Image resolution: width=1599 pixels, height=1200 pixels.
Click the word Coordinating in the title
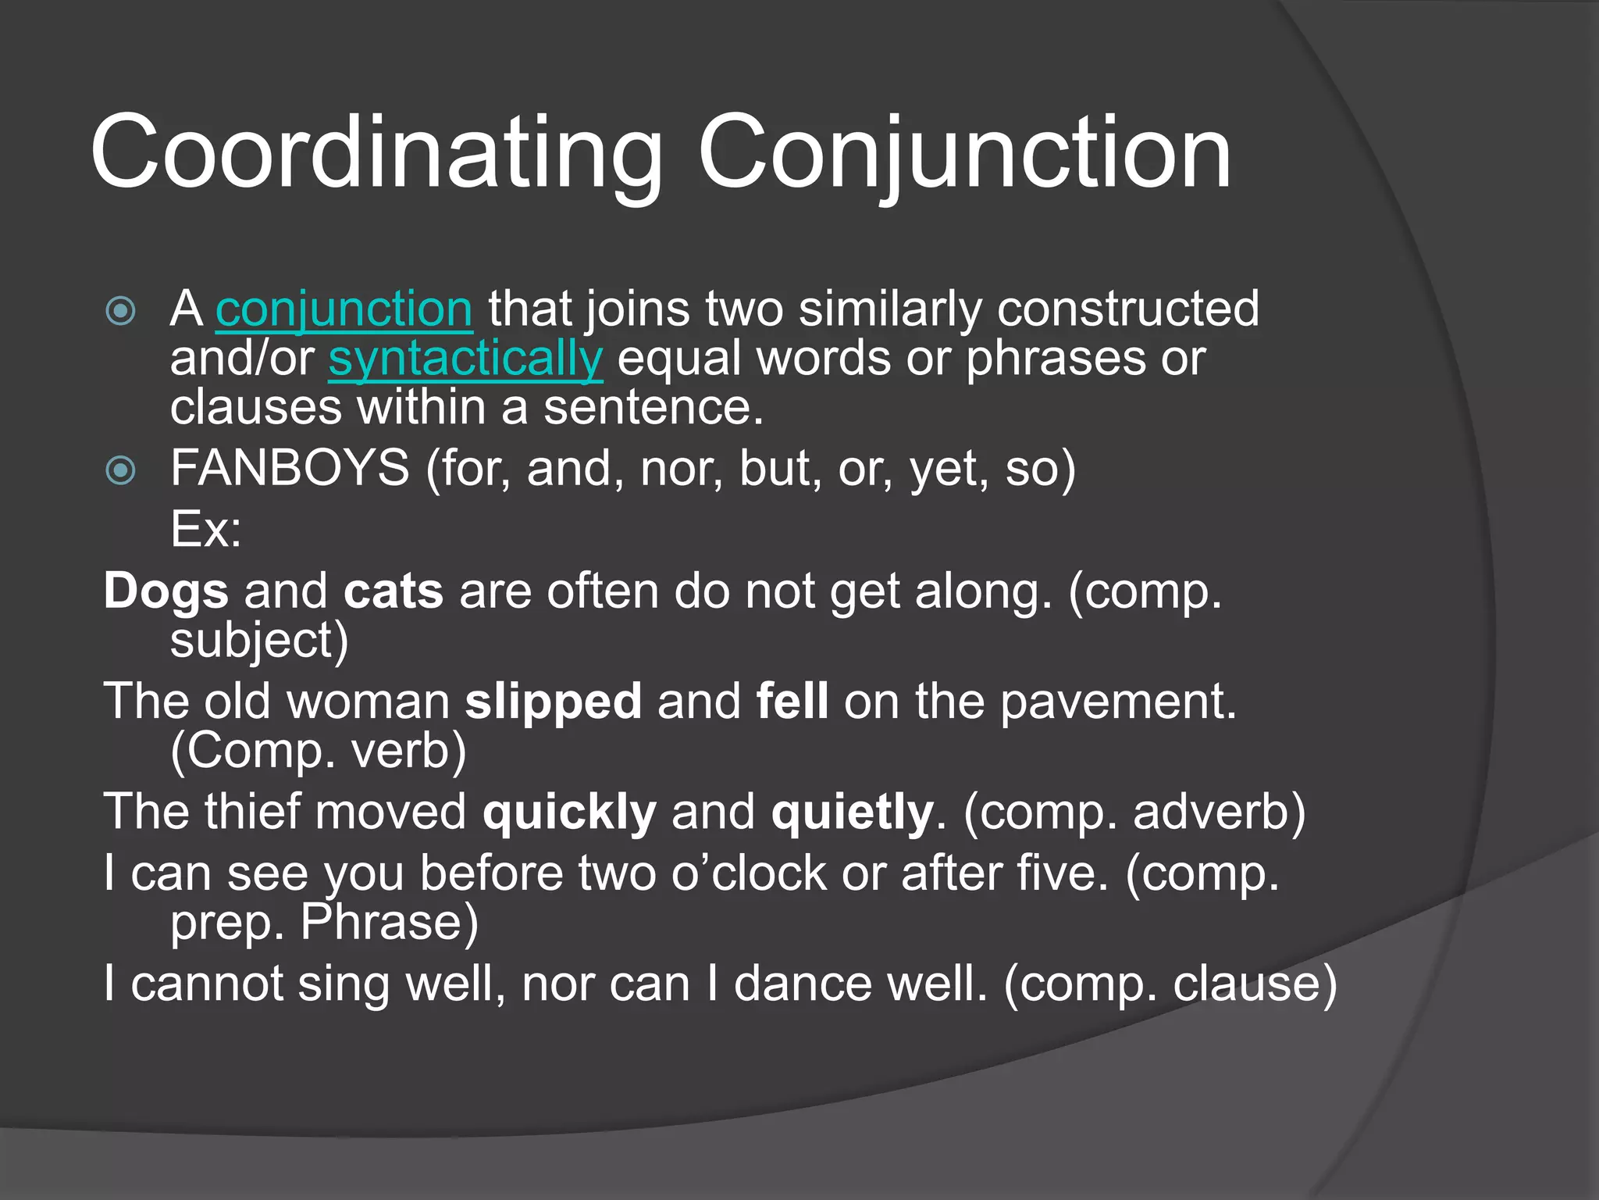coord(375,152)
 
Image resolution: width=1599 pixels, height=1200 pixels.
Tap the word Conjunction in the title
coord(964,152)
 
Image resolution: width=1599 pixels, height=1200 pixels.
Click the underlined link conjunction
coord(344,309)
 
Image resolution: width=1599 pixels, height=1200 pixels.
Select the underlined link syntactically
coord(465,359)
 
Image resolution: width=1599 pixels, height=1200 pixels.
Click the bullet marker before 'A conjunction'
coord(120,311)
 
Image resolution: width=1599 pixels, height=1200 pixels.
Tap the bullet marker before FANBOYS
coord(120,470)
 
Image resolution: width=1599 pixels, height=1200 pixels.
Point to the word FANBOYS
coord(290,469)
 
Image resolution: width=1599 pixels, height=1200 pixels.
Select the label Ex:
coord(206,530)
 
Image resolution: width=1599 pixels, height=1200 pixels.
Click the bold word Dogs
coord(166,591)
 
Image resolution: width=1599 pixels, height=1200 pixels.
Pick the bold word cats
coord(394,591)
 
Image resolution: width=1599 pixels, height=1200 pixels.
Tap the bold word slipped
coord(553,702)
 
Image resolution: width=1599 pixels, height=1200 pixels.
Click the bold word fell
coord(792,701)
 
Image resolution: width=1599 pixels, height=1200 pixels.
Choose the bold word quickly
coord(569,812)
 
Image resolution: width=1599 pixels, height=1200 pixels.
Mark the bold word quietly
coord(852,812)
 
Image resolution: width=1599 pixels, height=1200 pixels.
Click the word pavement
coord(1117,702)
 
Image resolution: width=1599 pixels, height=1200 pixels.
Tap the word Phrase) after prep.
coord(389,923)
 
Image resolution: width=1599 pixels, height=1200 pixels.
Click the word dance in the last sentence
coord(803,984)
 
